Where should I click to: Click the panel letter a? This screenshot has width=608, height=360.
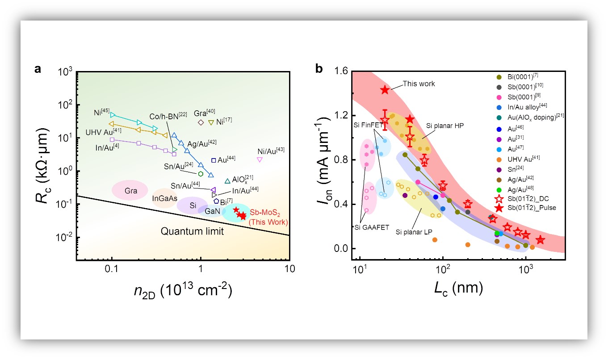click(38, 70)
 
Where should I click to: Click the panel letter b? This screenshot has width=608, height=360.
click(319, 69)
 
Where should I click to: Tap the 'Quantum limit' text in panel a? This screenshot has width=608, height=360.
click(192, 231)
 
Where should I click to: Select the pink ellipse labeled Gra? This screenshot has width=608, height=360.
click(130, 190)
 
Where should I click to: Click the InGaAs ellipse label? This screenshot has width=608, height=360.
click(165, 198)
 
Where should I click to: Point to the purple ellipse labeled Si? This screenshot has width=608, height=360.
click(193, 205)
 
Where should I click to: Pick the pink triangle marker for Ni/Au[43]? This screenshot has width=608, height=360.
click(260, 159)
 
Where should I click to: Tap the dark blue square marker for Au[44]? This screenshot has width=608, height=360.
click(214, 160)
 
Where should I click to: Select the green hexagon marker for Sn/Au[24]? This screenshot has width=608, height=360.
click(201, 174)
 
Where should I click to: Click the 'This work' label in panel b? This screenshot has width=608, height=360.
click(419, 84)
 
